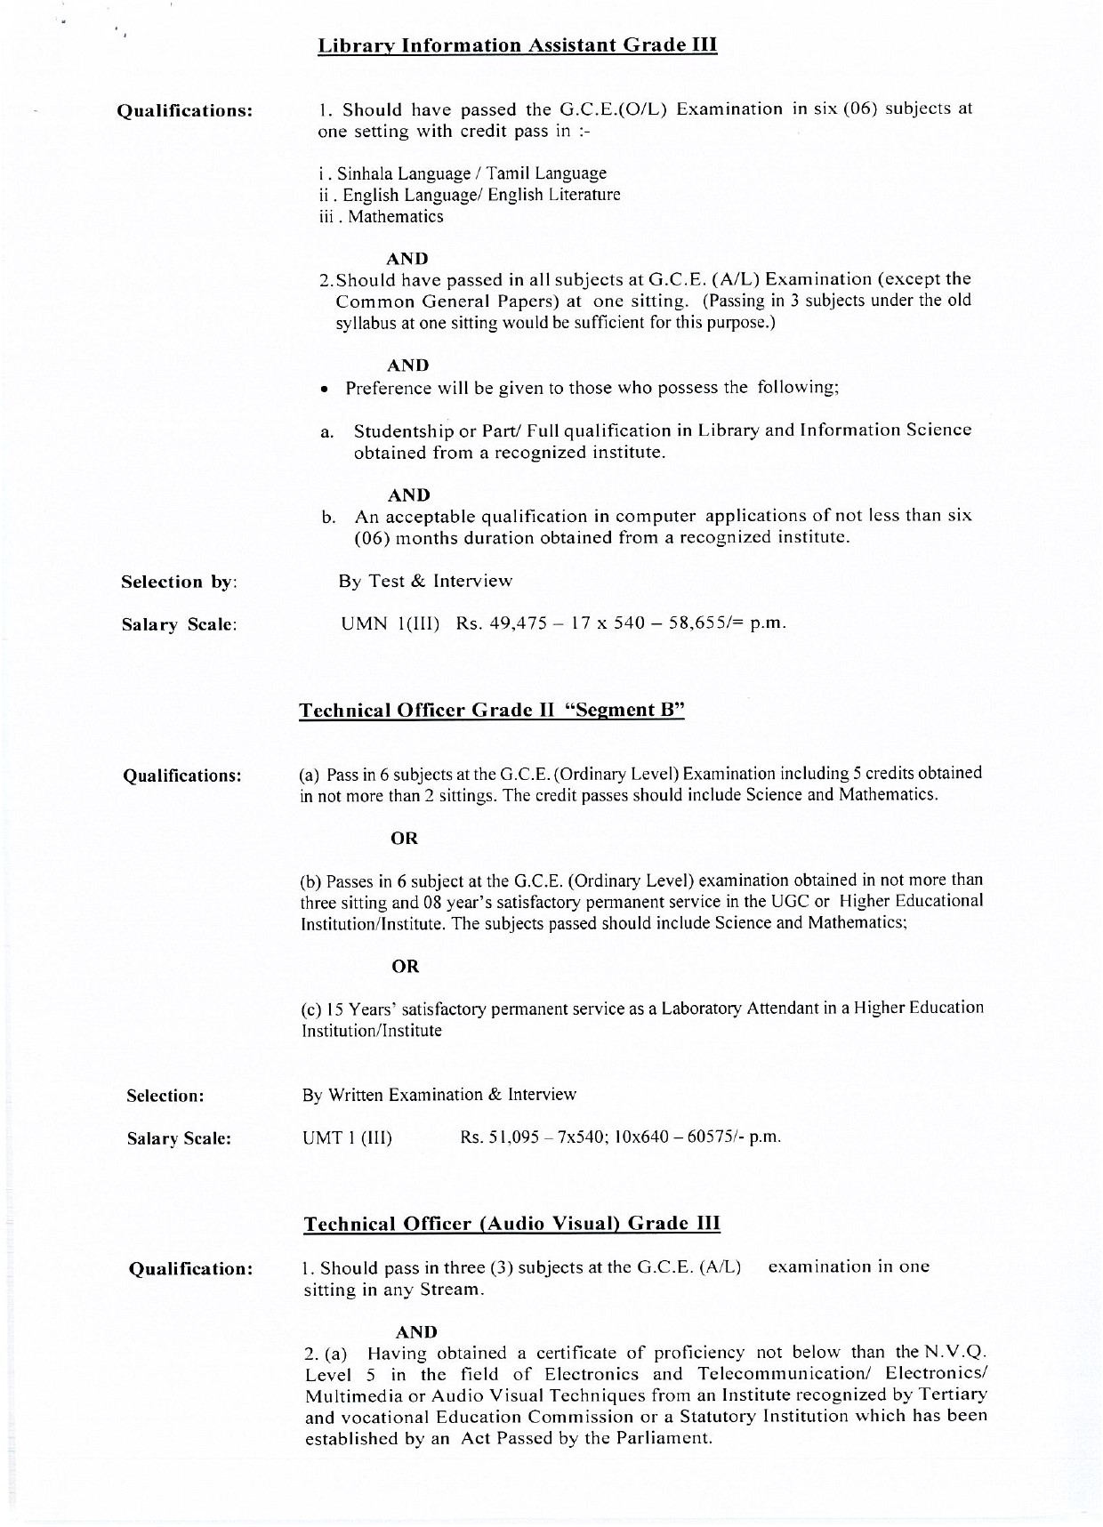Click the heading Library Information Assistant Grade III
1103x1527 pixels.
pyautogui.click(x=517, y=45)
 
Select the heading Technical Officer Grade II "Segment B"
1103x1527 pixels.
pyautogui.click(x=492, y=711)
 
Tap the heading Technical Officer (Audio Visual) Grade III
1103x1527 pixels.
pyautogui.click(x=511, y=1224)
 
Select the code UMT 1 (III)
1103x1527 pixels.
pyautogui.click(x=347, y=1137)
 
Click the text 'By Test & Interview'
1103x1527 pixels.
pyautogui.click(x=425, y=581)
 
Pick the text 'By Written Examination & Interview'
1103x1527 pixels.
pyautogui.click(x=439, y=1095)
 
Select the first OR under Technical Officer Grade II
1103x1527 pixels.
pyautogui.click(x=405, y=838)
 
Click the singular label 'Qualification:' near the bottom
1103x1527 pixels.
pyautogui.click(x=190, y=1269)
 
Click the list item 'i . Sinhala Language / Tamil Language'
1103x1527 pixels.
pyautogui.click(x=463, y=173)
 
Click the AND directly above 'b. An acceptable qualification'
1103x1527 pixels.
pyautogui.click(x=409, y=494)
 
